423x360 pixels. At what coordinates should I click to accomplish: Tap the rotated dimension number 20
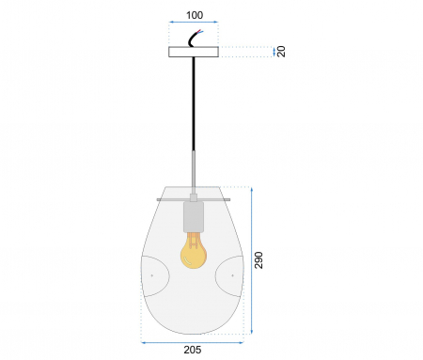281,53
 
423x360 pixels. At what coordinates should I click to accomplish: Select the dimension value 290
258,260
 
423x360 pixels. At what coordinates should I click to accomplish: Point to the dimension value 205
194,350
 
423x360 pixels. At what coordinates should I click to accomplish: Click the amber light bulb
194,252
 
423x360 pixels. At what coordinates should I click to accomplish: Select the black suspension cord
194,103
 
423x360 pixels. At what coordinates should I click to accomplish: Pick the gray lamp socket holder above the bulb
194,217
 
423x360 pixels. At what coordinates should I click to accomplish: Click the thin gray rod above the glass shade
194,169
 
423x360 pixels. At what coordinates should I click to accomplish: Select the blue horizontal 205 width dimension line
194,341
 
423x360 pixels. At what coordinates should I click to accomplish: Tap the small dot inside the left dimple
151,274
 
